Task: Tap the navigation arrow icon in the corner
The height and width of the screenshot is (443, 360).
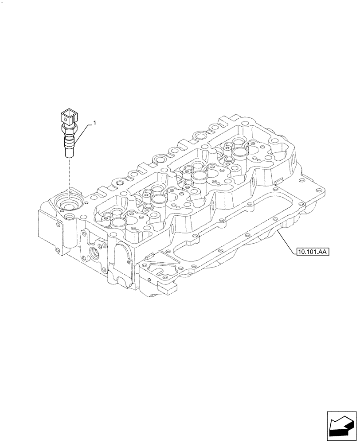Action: pyautogui.click(x=341, y=425)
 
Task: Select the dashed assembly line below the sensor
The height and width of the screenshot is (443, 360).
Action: pyautogui.click(x=70, y=175)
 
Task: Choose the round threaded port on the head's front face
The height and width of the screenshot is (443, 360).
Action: pyautogui.click(x=94, y=252)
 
